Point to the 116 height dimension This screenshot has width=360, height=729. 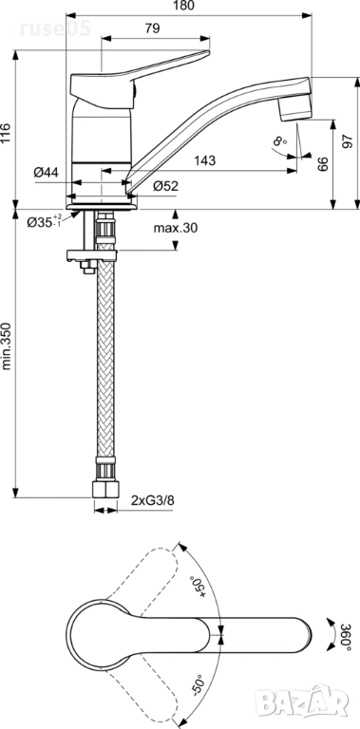tap(6, 134)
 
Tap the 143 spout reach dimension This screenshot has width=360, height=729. tap(205, 160)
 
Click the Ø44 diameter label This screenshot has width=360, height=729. tap(46, 173)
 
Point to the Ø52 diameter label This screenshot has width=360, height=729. tap(166, 186)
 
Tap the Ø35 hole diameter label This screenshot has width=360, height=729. tap(45, 221)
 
